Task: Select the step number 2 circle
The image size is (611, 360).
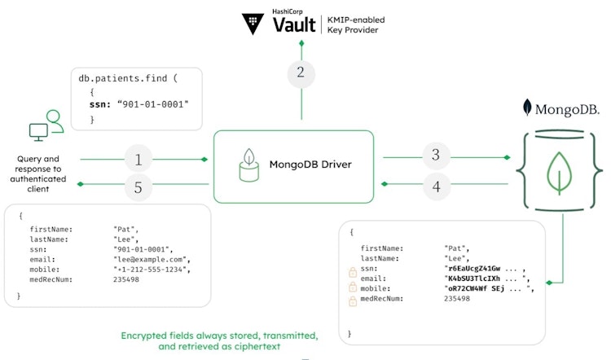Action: coord(301,72)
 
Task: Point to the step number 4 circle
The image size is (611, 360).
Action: coord(437,187)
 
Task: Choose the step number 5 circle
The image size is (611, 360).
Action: coord(138,188)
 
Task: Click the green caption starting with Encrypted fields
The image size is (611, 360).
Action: coord(219,340)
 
